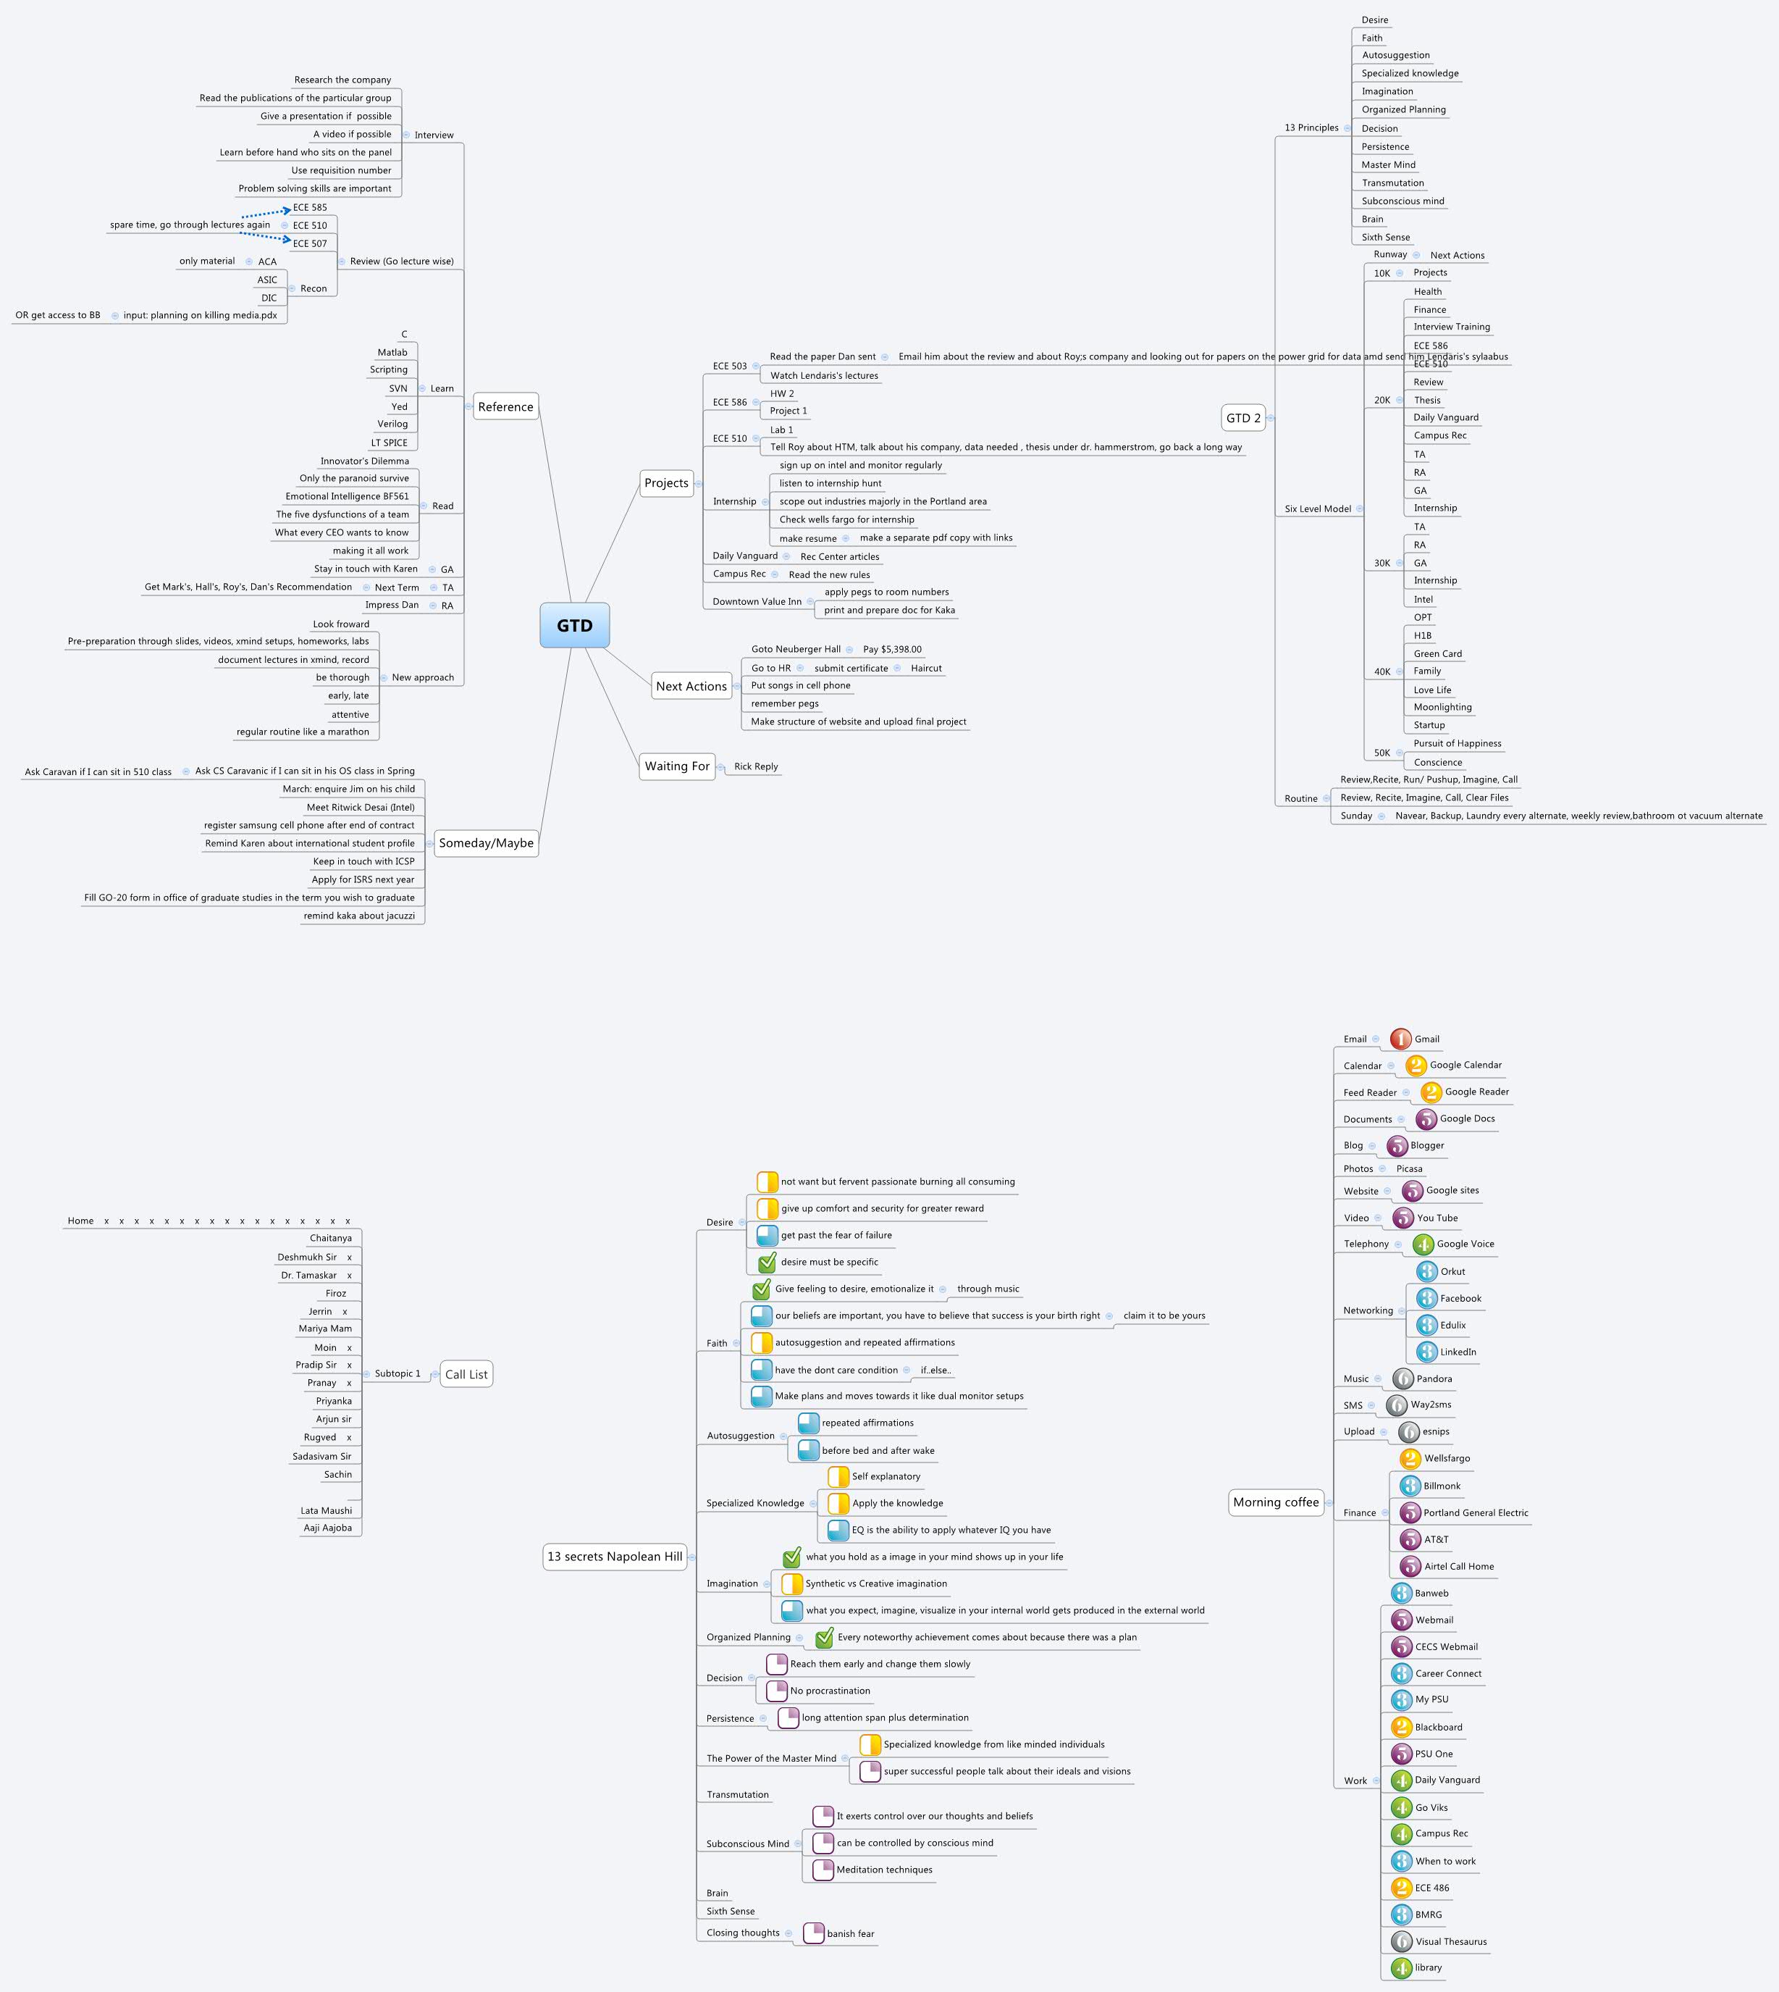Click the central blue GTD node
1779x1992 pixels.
tap(575, 626)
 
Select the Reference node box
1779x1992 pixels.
tap(505, 407)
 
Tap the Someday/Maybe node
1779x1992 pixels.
tap(486, 843)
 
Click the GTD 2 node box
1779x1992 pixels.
tap(1243, 417)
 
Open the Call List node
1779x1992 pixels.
tap(466, 1374)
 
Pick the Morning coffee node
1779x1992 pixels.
tap(1276, 1502)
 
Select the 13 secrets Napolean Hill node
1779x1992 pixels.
tap(615, 1557)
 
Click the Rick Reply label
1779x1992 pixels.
tap(756, 766)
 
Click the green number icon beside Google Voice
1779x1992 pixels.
tap(1423, 1244)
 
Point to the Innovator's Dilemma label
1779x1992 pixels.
tap(365, 461)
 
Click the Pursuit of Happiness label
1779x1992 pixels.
tap(1458, 743)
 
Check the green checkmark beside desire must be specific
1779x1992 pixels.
tap(767, 1262)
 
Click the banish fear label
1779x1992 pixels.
tap(850, 1933)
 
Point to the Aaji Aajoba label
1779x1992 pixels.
tap(327, 1528)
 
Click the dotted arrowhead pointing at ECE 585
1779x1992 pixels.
tap(287, 209)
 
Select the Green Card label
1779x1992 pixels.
tap(1438, 654)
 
